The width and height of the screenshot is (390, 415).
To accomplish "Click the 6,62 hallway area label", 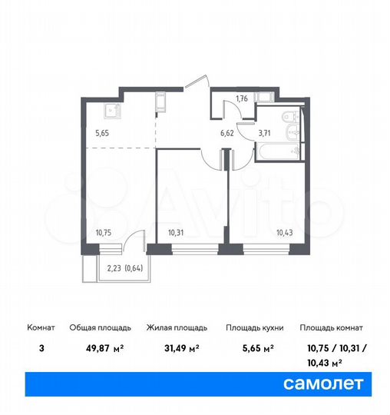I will click(x=227, y=132).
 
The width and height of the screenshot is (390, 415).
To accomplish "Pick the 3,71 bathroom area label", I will click(x=264, y=132).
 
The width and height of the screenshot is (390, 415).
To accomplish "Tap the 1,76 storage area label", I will click(x=241, y=98).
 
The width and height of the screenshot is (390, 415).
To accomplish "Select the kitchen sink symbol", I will click(x=113, y=109).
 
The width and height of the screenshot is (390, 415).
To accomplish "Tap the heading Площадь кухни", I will click(x=254, y=327).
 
